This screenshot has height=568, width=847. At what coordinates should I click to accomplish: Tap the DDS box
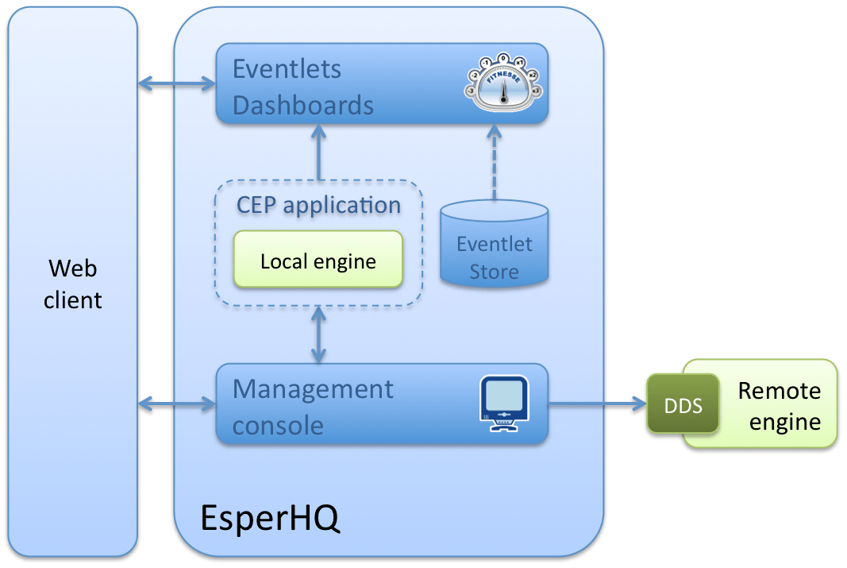(683, 405)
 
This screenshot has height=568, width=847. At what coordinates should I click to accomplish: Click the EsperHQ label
(270, 517)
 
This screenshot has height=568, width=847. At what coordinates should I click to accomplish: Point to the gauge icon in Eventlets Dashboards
(502, 82)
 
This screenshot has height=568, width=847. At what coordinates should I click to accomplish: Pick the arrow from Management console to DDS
(597, 404)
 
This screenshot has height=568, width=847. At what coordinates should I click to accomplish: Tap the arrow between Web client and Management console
(177, 404)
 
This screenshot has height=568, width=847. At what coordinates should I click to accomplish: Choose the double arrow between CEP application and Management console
(319, 334)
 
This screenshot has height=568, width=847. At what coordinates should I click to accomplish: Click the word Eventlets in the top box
(287, 69)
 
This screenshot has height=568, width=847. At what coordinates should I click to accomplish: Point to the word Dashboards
(302, 105)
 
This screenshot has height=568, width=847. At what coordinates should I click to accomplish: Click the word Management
(313, 389)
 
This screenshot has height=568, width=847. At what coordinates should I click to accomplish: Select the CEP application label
(318, 205)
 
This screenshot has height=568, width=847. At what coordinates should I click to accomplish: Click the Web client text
(73, 284)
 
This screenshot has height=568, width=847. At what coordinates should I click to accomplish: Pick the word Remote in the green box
(779, 391)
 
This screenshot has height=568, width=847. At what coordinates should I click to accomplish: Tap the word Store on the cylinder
(494, 272)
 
